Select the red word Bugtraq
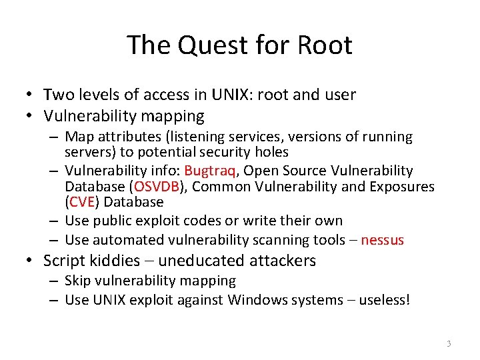point(209,171)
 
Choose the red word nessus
point(382,240)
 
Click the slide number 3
point(449,344)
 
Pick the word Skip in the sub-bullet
point(79,281)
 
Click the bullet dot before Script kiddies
point(31,261)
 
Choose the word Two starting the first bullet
point(58,95)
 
